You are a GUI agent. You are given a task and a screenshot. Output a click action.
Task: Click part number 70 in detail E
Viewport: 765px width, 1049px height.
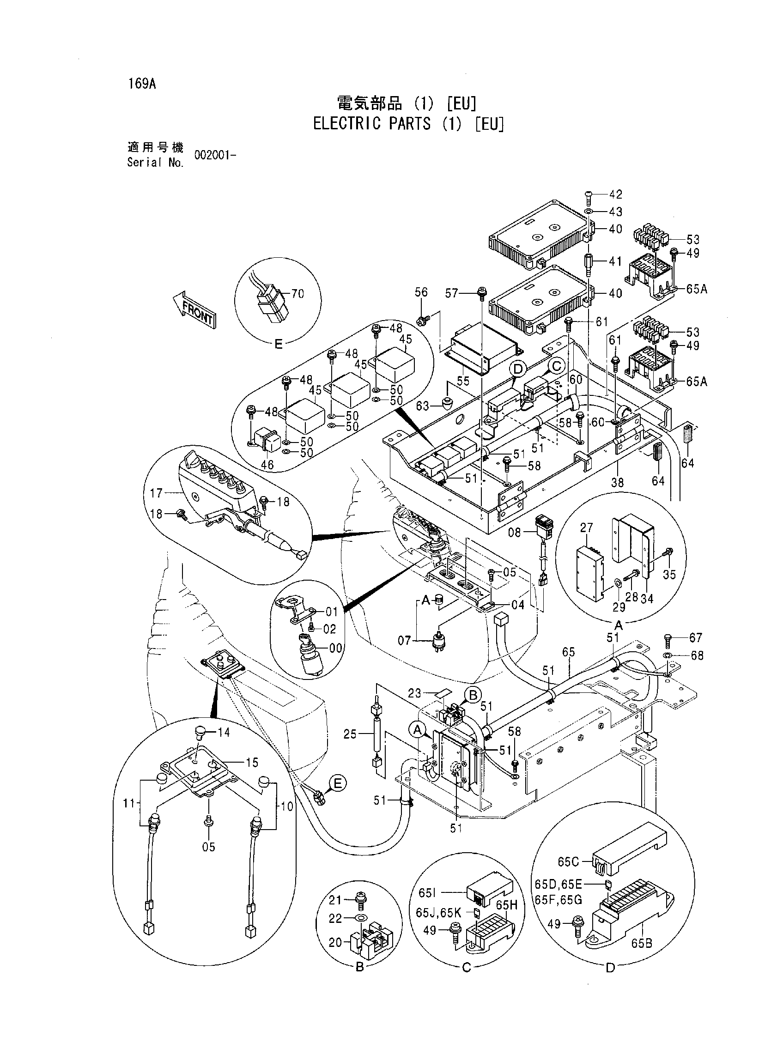point(298,293)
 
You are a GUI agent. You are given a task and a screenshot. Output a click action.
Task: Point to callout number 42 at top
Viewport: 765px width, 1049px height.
point(615,194)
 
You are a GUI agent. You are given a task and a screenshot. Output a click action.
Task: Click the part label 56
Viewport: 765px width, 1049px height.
point(421,292)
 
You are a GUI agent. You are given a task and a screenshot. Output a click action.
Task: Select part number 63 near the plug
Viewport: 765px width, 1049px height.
point(423,406)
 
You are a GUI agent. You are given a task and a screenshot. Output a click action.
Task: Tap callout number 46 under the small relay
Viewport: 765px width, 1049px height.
point(267,464)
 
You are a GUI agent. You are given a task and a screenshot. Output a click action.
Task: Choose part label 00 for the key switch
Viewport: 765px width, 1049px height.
point(335,648)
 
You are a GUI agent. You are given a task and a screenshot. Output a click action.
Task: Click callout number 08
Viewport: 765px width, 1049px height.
point(515,533)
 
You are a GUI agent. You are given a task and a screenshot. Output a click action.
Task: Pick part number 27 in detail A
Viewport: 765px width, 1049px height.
point(586,528)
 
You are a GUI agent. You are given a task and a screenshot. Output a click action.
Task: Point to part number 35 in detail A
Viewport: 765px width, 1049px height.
point(670,575)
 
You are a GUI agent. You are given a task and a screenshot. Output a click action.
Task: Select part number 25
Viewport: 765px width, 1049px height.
point(351,734)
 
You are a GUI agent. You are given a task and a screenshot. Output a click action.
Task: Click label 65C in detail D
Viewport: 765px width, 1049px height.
point(569,862)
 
